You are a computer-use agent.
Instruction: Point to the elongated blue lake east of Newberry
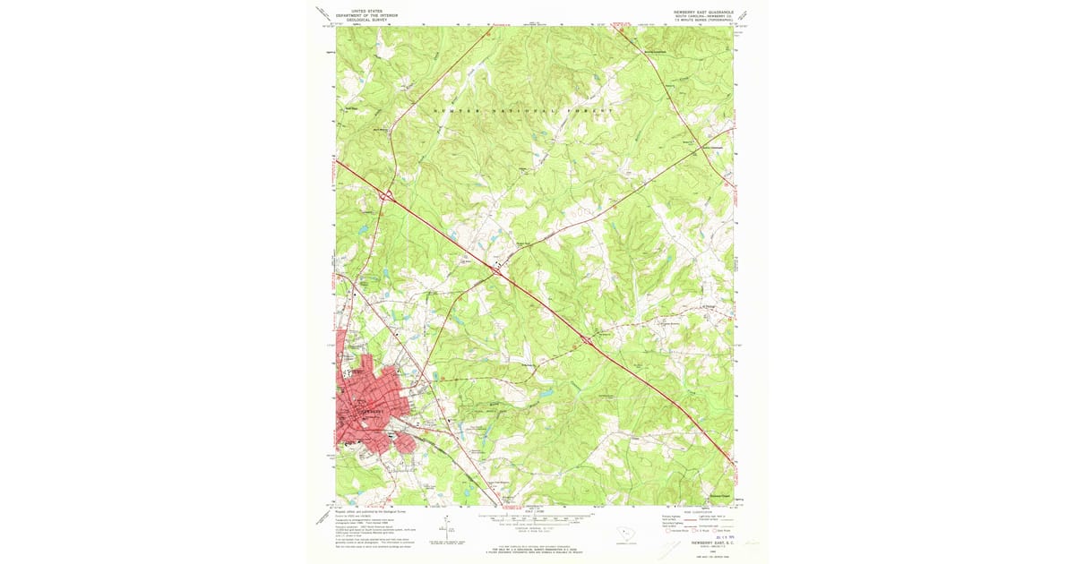point(544,392)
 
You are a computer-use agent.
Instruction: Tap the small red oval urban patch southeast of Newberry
point(402,440)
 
